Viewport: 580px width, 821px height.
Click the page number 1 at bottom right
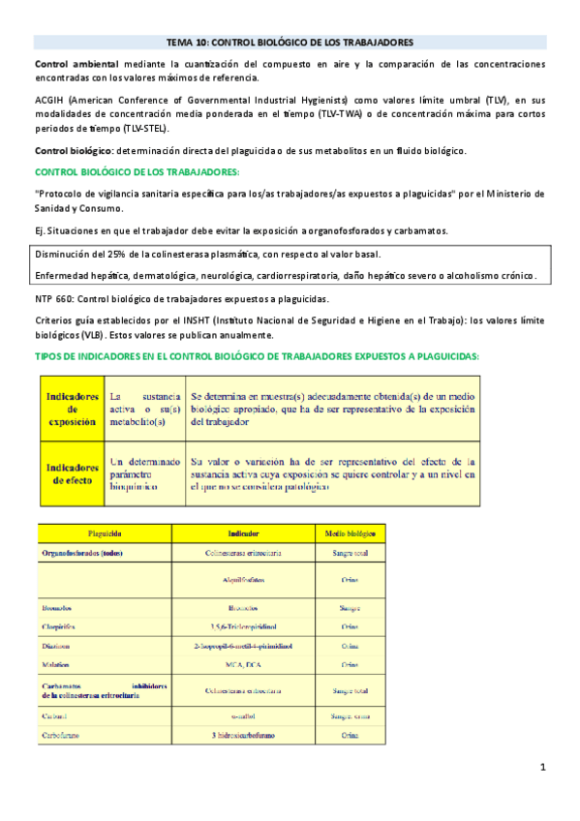544,768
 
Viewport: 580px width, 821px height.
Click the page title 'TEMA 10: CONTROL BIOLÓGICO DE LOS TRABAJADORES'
290,43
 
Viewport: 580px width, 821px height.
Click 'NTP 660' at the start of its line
53,298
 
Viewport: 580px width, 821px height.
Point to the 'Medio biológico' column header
351,533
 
